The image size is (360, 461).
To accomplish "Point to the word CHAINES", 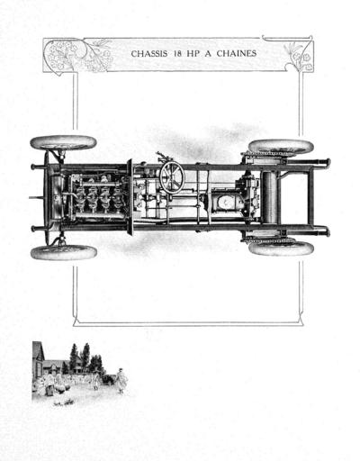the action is click(x=237, y=54).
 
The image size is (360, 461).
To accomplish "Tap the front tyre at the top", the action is click(x=63, y=143).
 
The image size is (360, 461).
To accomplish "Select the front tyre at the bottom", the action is click(x=64, y=253).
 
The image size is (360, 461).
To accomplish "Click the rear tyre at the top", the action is click(x=281, y=147).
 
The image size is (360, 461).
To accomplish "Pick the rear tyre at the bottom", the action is click(x=282, y=249).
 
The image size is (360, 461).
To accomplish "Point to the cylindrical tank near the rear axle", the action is click(x=269, y=197).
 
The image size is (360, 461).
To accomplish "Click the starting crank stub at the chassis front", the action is click(x=37, y=197).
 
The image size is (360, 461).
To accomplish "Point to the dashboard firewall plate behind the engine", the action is click(x=130, y=197).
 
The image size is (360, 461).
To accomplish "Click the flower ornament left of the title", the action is click(x=78, y=56).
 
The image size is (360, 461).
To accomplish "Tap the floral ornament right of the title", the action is click(x=299, y=55).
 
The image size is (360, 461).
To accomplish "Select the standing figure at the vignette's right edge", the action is click(x=121, y=381).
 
